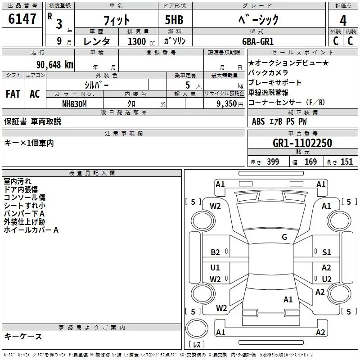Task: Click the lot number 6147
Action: pyautogui.click(x=22, y=19)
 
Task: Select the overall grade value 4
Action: pyautogui.click(x=343, y=21)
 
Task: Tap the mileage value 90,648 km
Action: pyautogui.click(x=55, y=65)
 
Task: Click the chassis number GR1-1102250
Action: pyautogui.click(x=302, y=143)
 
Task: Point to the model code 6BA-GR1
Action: pyautogui.click(x=258, y=41)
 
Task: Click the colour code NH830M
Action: pyautogui.click(x=74, y=104)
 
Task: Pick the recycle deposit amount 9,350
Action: pyautogui.click(x=227, y=104)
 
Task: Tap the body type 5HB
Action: pyautogui.click(x=174, y=20)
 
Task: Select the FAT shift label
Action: pyautogui.click(x=13, y=94)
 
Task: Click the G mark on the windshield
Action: pyautogui.click(x=284, y=237)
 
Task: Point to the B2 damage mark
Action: pyautogui.click(x=215, y=252)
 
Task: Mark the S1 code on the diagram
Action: pyautogui.click(x=326, y=252)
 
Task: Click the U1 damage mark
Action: pyautogui.click(x=215, y=267)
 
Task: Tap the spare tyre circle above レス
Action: pyautogui.click(x=197, y=328)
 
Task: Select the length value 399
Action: pyautogui.click(x=273, y=162)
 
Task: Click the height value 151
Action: pyautogui.click(x=346, y=162)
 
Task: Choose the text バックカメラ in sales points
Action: pyautogui.click(x=268, y=72)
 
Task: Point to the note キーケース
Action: pyautogui.click(x=23, y=336)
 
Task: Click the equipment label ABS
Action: pyautogui.click(x=258, y=121)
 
